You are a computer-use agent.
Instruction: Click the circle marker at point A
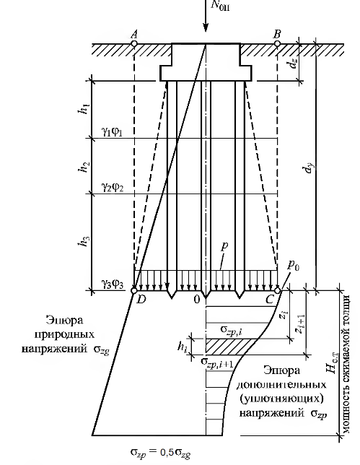134,44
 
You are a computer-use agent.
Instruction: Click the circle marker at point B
277,44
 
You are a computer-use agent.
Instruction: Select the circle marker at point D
134,290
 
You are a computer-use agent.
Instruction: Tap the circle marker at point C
277,290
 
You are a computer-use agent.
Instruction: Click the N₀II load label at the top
220,5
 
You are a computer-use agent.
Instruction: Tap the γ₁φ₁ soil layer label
113,131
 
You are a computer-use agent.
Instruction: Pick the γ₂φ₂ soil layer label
113,187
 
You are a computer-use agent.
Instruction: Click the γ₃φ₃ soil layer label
113,284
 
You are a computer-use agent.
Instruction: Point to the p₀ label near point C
294,266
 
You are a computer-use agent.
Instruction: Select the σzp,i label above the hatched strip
234,331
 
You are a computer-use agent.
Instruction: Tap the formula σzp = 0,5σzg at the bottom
160,453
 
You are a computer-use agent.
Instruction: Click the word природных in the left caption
65,334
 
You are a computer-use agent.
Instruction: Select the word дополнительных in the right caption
281,385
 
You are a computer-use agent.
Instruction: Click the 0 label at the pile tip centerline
197,300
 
